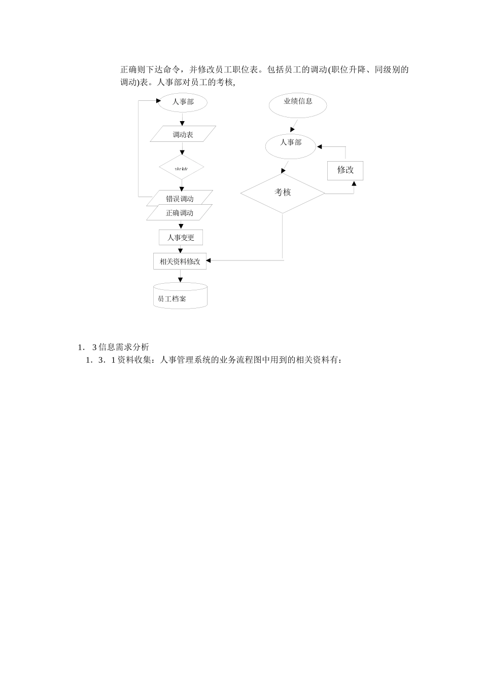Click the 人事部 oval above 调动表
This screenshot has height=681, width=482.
pyautogui.click(x=183, y=102)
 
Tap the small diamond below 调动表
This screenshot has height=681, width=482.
pyautogui.click(x=182, y=168)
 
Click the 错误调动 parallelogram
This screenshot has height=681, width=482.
pyautogui.click(x=180, y=198)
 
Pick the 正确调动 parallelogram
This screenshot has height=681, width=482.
pyautogui.click(x=180, y=213)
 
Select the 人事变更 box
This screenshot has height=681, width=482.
pyautogui.click(x=181, y=237)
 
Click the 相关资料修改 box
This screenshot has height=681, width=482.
pyautogui.click(x=180, y=261)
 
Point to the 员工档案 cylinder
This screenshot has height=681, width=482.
pyautogui.click(x=180, y=296)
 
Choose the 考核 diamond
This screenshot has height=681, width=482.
pyautogui.click(x=283, y=193)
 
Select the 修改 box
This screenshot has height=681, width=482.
pyautogui.click(x=345, y=170)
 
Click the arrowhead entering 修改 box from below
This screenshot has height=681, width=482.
pyautogui.click(x=354, y=183)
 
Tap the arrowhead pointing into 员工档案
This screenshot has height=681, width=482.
pyautogui.click(x=180, y=280)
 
